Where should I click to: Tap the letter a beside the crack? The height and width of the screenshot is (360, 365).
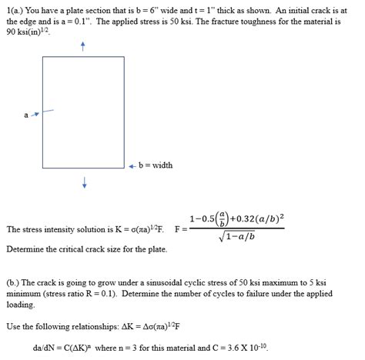click(x=25, y=115)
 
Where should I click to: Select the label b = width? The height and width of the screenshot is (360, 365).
click(x=157, y=165)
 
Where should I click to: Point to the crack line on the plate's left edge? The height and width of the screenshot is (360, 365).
click(x=48, y=112)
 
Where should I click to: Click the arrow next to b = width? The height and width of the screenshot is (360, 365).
click(x=132, y=165)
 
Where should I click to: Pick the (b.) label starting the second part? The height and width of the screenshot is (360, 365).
click(x=15, y=282)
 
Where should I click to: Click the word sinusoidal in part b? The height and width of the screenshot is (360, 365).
click(x=172, y=282)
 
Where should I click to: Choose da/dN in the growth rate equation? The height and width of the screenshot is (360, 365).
click(x=45, y=346)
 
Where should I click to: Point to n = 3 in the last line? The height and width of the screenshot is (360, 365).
click(x=136, y=346)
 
